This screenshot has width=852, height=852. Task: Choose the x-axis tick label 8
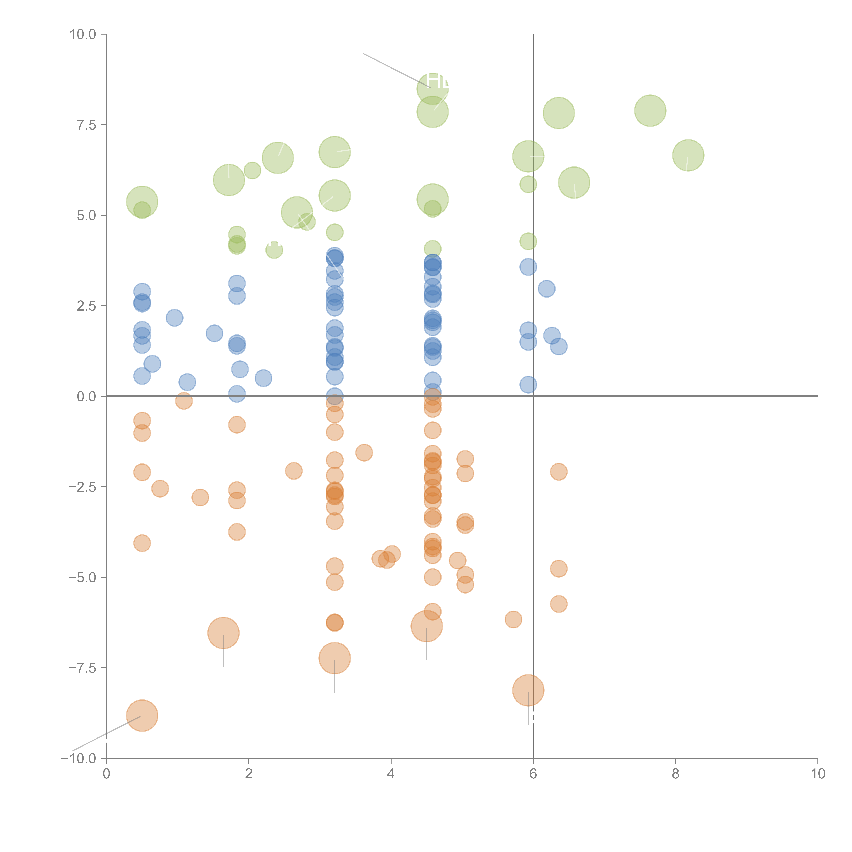(676, 774)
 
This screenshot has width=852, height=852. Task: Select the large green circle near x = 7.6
(650, 111)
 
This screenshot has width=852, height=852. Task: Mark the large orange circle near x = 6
(528, 690)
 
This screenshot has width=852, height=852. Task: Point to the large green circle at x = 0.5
(142, 202)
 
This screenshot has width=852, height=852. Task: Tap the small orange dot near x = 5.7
(513, 620)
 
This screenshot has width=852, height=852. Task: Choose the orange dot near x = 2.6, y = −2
(294, 471)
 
